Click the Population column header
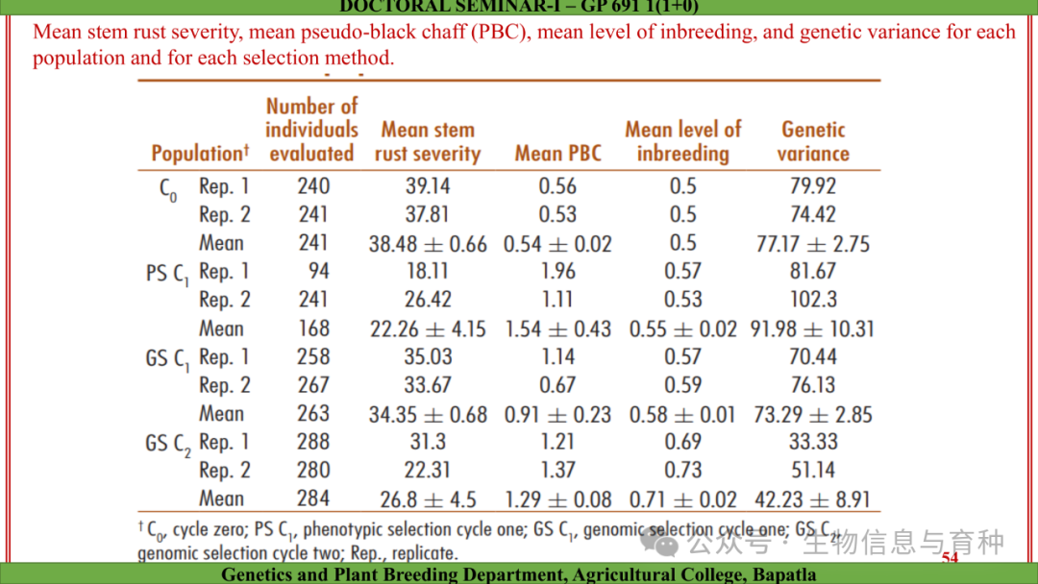[x=200, y=154]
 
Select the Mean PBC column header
[x=557, y=154]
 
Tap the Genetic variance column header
[x=813, y=141]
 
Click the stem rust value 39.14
[x=428, y=186]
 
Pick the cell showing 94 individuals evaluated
[x=318, y=272]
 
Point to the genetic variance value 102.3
[x=813, y=300]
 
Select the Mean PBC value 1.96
[x=557, y=272]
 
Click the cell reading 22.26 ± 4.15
[x=428, y=328]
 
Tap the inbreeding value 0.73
[x=682, y=471]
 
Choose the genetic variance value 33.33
[x=813, y=442]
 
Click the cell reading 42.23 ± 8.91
[x=813, y=499]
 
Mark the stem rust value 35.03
[x=428, y=357]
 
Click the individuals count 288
[x=313, y=442]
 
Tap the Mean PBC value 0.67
[x=557, y=385]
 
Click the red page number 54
[x=950, y=558]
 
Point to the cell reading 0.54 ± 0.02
[x=557, y=244]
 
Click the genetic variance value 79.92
[x=813, y=186]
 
